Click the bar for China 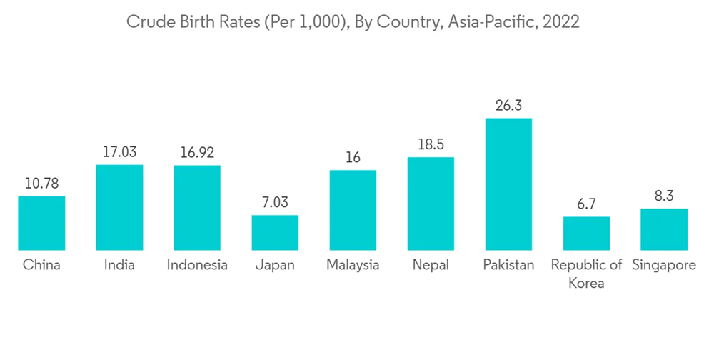click(41, 223)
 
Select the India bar click(119, 207)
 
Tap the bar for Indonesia click(197, 208)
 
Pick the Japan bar click(275, 232)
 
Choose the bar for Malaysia click(353, 210)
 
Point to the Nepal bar click(431, 204)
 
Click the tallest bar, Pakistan click(508, 184)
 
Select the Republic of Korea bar click(586, 233)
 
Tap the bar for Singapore click(664, 229)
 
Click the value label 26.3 click(508, 106)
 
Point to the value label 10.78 click(41, 184)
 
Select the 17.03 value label click(119, 152)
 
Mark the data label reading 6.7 click(586, 204)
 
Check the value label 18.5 click(431, 144)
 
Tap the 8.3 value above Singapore click(664, 196)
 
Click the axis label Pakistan click(508, 265)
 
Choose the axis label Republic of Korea click(586, 274)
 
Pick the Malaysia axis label click(353, 265)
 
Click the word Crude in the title click(148, 22)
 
